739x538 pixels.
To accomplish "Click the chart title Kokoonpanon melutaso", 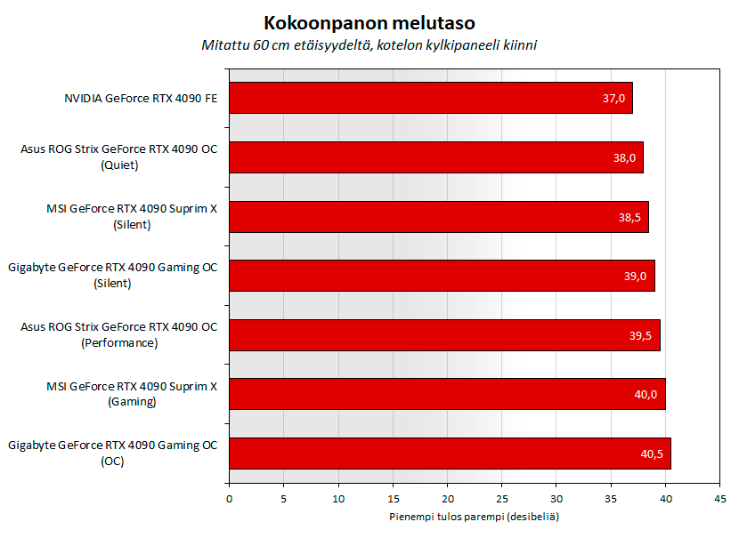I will (369, 22).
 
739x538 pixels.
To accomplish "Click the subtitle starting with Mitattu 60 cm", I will (369, 44).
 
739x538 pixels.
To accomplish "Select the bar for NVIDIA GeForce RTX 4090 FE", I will (430, 98).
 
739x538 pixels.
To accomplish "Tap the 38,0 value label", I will (625, 157).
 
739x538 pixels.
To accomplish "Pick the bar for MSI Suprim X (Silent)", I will (438, 217).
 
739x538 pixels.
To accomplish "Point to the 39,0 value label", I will (636, 276).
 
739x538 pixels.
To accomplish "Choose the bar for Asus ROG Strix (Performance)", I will (444, 335).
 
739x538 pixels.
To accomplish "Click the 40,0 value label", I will (646, 394).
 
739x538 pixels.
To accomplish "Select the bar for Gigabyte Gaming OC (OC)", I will (450, 454).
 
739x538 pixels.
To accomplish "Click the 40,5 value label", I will (652, 454).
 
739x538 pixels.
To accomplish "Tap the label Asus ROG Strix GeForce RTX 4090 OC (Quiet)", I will (118, 157).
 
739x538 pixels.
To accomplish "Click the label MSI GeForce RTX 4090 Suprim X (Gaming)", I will (131, 394).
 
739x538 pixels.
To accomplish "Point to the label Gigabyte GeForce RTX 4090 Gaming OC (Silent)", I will (112, 276).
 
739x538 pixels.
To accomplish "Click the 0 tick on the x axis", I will (230, 499).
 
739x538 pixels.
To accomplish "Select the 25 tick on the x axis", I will (502, 499).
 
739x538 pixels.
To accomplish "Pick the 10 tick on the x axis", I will (338, 499).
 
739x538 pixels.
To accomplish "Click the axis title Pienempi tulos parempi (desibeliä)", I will (474, 517).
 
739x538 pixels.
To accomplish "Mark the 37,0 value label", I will (614, 98).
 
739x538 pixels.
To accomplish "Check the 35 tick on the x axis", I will (611, 499).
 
